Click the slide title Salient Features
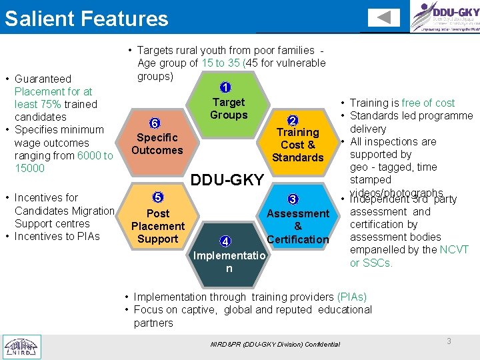(x=86, y=18)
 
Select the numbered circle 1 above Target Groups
(x=226, y=87)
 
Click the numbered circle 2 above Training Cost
(x=292, y=120)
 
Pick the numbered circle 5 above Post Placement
(x=158, y=197)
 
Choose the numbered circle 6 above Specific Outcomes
(x=154, y=123)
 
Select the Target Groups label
(x=228, y=109)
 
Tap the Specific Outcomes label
(x=157, y=144)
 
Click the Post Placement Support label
(x=158, y=226)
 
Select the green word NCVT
(x=454, y=249)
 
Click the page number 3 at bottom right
(x=449, y=341)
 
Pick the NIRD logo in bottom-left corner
(x=22, y=346)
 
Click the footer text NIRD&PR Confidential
(x=275, y=344)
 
